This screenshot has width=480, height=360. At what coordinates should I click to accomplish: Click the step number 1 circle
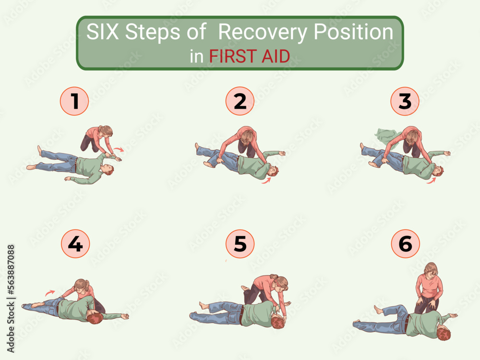74,101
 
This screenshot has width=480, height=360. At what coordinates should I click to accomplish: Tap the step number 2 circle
240,101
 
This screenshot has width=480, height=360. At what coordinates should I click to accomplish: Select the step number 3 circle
405,101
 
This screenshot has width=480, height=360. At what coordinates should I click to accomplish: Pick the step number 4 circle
75,244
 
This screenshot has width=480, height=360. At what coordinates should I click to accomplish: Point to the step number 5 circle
240,244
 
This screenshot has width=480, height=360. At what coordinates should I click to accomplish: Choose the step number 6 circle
405,244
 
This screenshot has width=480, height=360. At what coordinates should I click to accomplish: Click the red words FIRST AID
249,57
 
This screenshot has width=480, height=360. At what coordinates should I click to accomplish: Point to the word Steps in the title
159,33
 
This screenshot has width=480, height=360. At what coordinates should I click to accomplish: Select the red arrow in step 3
432,181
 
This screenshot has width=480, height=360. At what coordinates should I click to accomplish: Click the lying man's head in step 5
277,321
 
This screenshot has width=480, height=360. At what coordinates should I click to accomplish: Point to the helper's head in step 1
106,130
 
